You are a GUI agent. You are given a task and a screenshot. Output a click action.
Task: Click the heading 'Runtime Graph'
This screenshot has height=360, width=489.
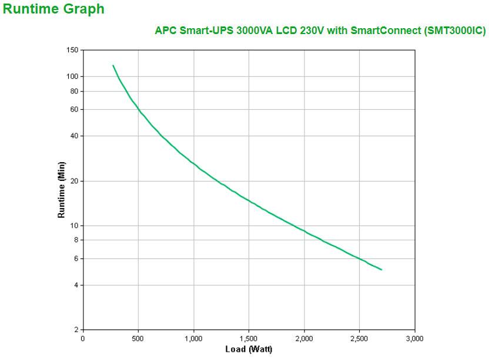(x=53, y=9)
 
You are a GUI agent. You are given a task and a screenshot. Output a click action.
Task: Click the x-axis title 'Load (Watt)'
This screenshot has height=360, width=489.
(x=249, y=349)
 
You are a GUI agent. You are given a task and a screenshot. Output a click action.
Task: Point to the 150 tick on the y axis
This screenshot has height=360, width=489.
(x=72, y=51)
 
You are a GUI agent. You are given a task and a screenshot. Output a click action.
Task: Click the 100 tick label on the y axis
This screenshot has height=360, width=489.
(x=72, y=76)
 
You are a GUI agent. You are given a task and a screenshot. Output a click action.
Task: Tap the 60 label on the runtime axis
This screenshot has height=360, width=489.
(x=74, y=110)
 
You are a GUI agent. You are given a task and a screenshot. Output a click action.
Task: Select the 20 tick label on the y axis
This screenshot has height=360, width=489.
(x=74, y=181)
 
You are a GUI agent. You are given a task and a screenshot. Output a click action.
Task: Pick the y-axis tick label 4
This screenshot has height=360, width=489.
(x=76, y=285)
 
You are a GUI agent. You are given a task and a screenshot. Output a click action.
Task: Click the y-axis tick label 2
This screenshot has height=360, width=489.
(x=76, y=330)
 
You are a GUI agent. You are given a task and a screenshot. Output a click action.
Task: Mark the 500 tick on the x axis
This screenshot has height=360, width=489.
(x=138, y=338)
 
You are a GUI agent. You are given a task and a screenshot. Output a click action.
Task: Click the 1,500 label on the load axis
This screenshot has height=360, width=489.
(x=249, y=338)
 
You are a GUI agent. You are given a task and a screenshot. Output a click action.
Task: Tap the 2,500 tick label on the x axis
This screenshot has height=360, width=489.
(x=359, y=338)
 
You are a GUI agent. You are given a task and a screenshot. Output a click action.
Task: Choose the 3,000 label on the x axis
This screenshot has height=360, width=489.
(x=414, y=338)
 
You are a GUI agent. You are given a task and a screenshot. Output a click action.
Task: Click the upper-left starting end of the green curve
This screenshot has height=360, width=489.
(x=113, y=65)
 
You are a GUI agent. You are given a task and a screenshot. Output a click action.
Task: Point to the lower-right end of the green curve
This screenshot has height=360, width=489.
(x=382, y=270)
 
